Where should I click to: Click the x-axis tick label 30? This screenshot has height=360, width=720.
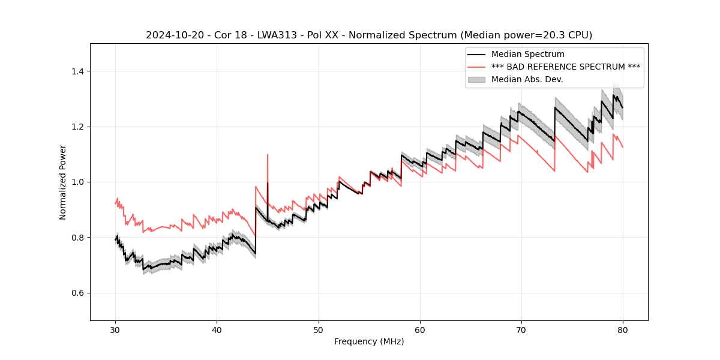tap(115, 329)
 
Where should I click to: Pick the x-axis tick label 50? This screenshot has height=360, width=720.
tap(318, 329)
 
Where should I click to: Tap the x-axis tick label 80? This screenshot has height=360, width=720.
tap(623, 329)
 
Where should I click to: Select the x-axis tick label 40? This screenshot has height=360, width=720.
tap(217, 329)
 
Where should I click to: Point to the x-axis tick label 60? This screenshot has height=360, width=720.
tap(419, 329)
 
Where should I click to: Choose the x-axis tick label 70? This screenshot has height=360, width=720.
tap(521, 329)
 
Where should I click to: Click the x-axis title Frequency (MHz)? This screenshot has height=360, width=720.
tap(369, 341)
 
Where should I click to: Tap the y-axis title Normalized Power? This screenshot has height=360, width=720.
tap(63, 182)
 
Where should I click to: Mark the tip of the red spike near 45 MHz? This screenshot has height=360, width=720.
tap(267, 155)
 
